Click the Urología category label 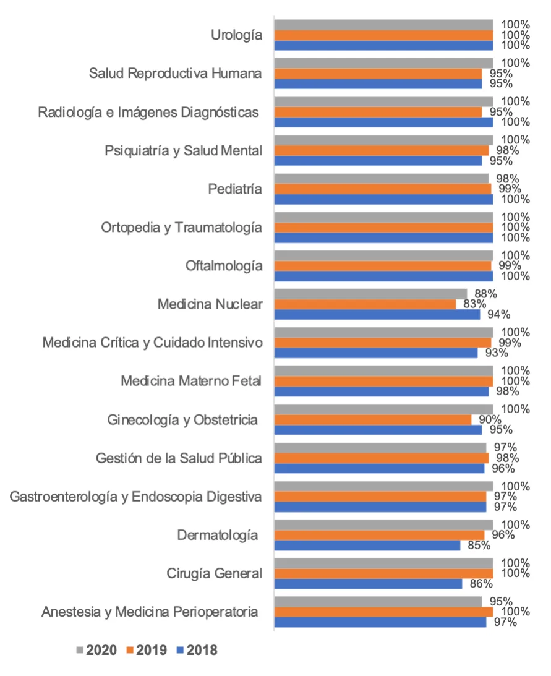[236, 35]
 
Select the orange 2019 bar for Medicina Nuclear [365, 304]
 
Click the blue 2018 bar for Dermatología [367, 546]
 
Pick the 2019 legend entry [147, 650]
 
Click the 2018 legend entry [197, 650]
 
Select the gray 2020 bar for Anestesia [378, 602]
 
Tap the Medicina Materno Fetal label [191, 381]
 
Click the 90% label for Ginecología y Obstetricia [489, 419]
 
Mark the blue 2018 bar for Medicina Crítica [376, 353]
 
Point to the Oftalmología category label [224, 266]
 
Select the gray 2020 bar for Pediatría [382, 179]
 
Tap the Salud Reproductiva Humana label [175, 74]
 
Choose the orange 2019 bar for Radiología [378, 112]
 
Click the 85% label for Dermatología [479, 546]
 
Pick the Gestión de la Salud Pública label [179, 458]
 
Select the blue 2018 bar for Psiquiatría [378, 161]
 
